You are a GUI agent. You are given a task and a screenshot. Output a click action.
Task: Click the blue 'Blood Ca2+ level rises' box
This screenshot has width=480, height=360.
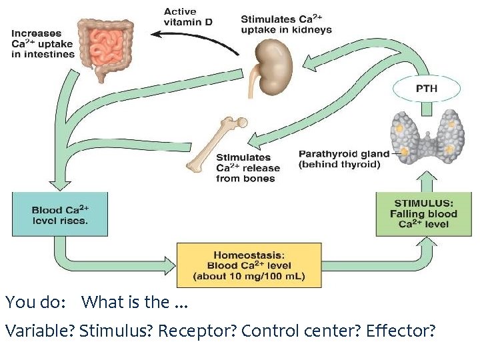coord(59,215)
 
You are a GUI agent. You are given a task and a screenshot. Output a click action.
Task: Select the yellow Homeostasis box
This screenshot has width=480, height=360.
coord(249,265)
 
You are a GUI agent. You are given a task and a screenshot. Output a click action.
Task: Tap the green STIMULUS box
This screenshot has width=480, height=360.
coord(423,214)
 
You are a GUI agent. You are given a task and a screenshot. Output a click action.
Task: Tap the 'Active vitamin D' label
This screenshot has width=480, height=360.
coord(188,17)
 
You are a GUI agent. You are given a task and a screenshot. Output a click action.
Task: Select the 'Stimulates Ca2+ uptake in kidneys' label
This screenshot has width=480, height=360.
coord(286,25)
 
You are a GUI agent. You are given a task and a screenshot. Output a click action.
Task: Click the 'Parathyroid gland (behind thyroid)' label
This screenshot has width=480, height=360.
coord(344,159)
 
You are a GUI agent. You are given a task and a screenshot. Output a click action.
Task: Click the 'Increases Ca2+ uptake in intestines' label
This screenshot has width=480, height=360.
coord(42,43)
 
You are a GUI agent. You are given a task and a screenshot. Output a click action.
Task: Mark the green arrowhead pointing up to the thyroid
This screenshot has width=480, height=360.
coord(428,177)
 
